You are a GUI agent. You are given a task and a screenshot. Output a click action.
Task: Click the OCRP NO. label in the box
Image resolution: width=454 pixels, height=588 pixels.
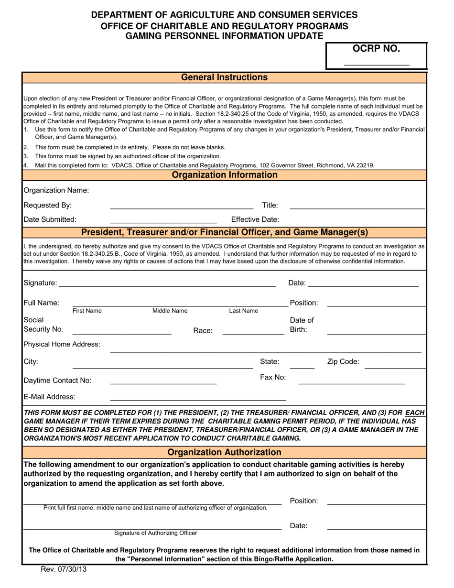click(376, 48)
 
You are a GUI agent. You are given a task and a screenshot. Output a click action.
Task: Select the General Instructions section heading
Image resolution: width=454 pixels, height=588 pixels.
click(224, 77)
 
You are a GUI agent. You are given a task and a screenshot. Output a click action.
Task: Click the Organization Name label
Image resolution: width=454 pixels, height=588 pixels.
click(56, 190)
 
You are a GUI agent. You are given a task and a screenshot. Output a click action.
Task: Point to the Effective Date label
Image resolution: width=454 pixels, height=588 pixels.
click(255, 219)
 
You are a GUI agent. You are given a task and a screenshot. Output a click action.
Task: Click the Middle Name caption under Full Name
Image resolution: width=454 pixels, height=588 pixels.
click(170, 311)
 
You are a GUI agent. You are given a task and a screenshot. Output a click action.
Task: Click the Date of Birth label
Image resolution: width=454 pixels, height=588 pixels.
click(302, 325)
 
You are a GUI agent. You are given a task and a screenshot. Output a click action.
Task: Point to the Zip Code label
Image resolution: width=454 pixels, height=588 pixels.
click(343, 362)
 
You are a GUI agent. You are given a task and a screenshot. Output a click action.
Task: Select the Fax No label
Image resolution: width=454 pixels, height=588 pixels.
click(273, 377)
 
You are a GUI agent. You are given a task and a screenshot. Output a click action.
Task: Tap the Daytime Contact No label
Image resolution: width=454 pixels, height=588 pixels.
click(57, 381)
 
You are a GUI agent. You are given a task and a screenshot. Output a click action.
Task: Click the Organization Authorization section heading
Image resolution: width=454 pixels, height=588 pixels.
click(224, 452)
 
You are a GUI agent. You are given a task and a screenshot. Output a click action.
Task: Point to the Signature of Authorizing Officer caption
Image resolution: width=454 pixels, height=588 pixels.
click(155, 533)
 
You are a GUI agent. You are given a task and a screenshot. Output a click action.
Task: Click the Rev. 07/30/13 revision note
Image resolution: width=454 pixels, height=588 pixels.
click(64, 569)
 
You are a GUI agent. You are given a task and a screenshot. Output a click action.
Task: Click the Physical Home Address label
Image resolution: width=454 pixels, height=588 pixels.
click(62, 344)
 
